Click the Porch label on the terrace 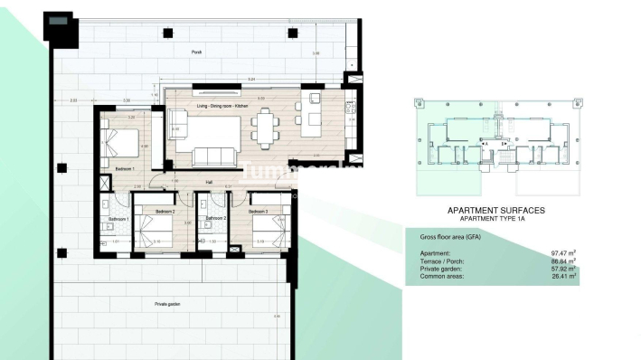coord(197,52)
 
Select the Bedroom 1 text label coord(125,169)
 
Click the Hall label coord(209,182)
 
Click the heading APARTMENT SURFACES coord(496,210)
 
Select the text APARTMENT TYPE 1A coord(496,219)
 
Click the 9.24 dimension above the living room coord(239,81)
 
